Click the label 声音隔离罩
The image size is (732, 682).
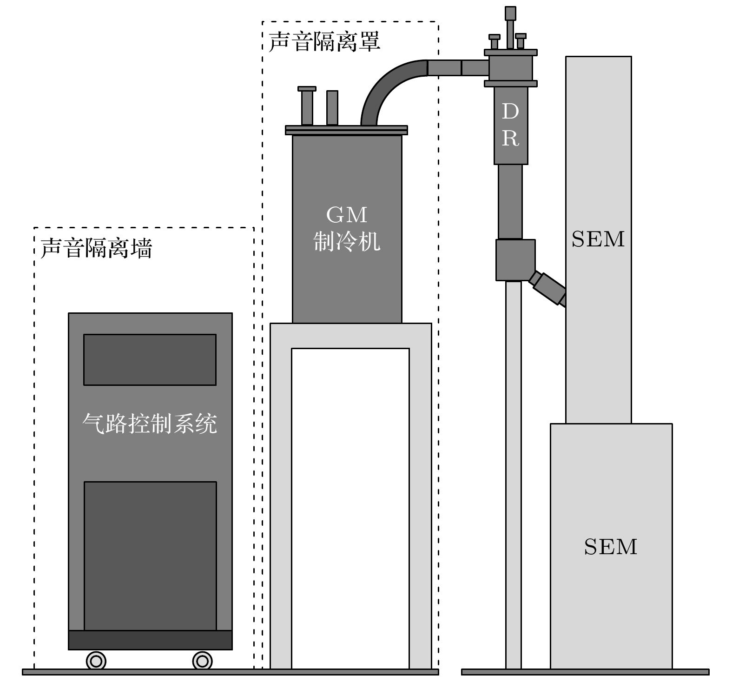(x=324, y=41)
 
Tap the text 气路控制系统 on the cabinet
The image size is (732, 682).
(x=150, y=424)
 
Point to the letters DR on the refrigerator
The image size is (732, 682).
(x=510, y=125)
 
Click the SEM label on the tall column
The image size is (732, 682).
(x=598, y=239)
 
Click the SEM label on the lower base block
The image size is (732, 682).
(x=610, y=547)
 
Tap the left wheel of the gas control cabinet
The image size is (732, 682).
(x=96, y=661)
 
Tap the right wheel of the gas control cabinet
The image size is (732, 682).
(x=202, y=661)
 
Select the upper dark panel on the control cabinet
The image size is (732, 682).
(x=150, y=359)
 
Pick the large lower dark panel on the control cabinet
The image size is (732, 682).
(x=150, y=556)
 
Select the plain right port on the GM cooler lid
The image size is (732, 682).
(x=332, y=107)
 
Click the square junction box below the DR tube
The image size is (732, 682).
(x=515, y=260)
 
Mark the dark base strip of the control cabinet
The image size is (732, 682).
(x=150, y=640)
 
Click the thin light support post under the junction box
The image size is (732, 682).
(x=513, y=474)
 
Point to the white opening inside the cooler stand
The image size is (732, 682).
(x=350, y=507)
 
